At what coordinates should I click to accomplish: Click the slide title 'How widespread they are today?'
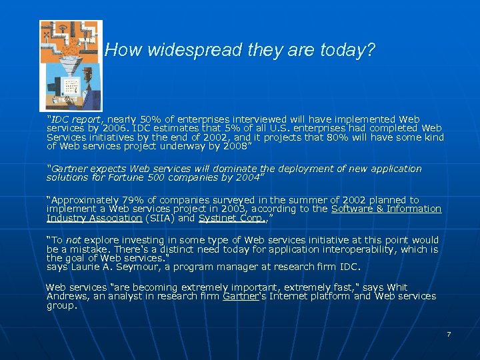pos(240,50)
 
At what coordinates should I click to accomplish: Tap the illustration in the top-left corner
pos(71,65)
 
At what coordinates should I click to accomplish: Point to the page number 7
pos(449,334)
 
